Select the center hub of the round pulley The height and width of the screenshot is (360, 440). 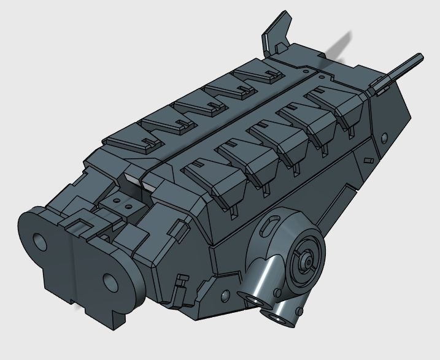coord(305,260)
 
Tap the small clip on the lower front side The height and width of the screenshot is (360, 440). coord(180,283)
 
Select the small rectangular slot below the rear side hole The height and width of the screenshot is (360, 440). coord(368,161)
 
